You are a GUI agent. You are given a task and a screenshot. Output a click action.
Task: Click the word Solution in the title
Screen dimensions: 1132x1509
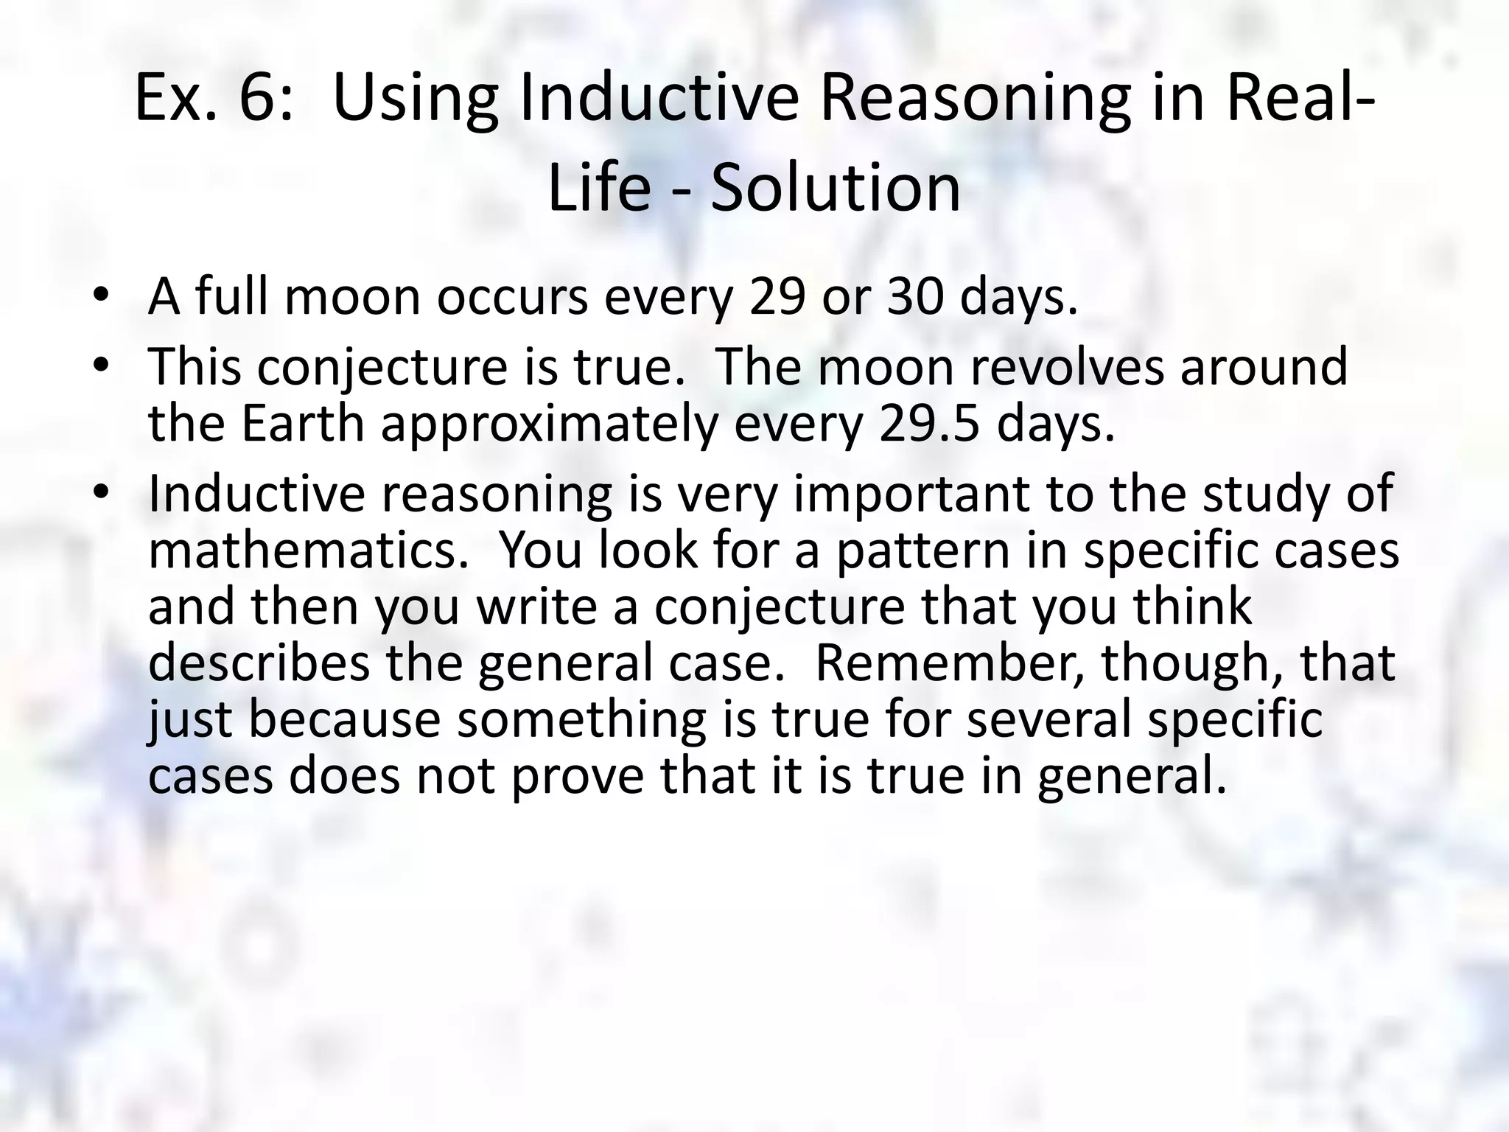click(836, 188)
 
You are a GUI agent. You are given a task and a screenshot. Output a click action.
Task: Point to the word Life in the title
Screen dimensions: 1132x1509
click(599, 188)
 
